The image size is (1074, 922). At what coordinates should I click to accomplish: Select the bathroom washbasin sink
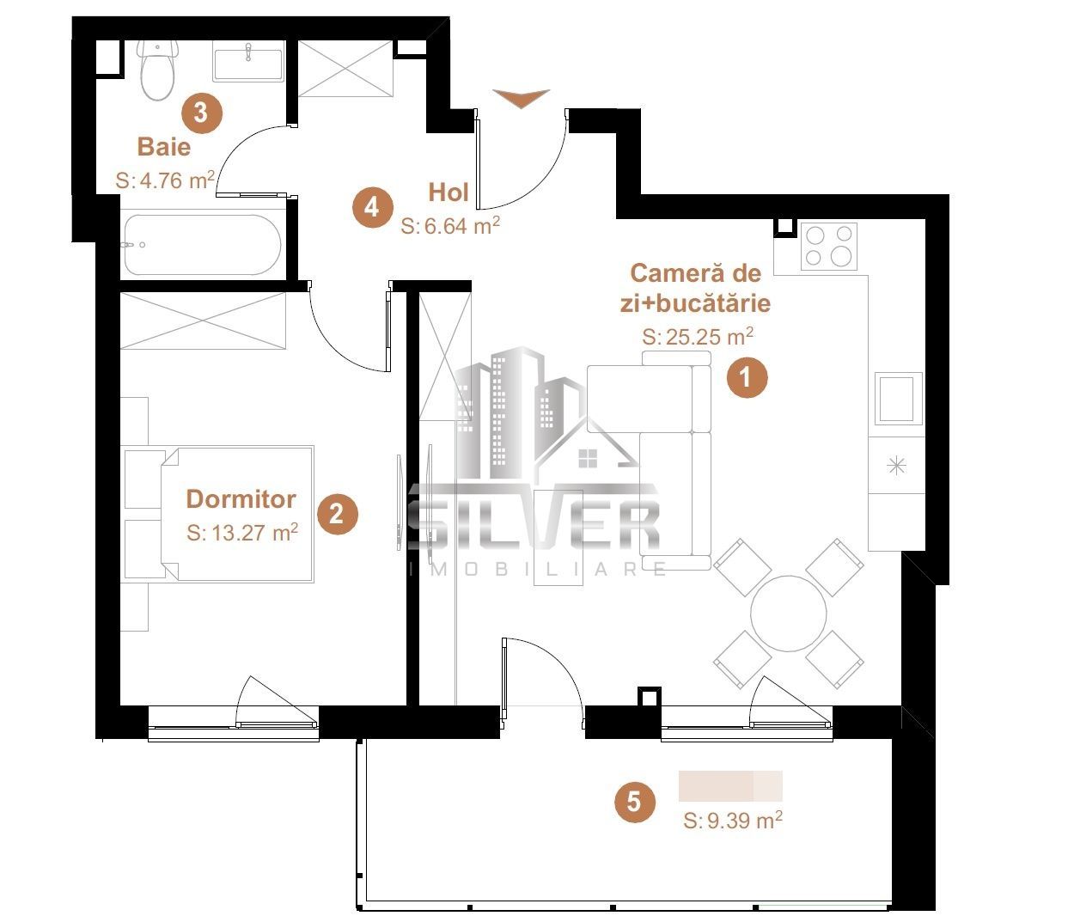(247, 64)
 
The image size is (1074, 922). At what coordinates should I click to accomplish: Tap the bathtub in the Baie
(201, 244)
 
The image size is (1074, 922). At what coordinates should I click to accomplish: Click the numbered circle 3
(201, 113)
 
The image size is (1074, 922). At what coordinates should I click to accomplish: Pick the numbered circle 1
(747, 377)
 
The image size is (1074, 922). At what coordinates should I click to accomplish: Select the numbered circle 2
(337, 514)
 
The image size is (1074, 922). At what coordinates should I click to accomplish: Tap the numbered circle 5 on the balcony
(634, 802)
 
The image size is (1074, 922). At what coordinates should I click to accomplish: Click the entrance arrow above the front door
(521, 98)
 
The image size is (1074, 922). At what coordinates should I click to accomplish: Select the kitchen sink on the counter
(898, 399)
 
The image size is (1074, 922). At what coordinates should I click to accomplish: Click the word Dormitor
(241, 498)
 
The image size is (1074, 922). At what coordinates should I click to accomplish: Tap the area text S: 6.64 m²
(450, 226)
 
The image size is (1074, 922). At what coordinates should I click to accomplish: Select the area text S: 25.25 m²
(698, 337)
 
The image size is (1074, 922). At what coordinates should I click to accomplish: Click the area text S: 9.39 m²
(732, 821)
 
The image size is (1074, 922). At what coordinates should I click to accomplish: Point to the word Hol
(449, 192)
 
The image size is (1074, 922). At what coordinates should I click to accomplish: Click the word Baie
(164, 146)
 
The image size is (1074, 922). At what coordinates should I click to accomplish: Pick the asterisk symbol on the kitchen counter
(896, 467)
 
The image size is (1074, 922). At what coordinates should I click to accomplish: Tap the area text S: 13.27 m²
(241, 533)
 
